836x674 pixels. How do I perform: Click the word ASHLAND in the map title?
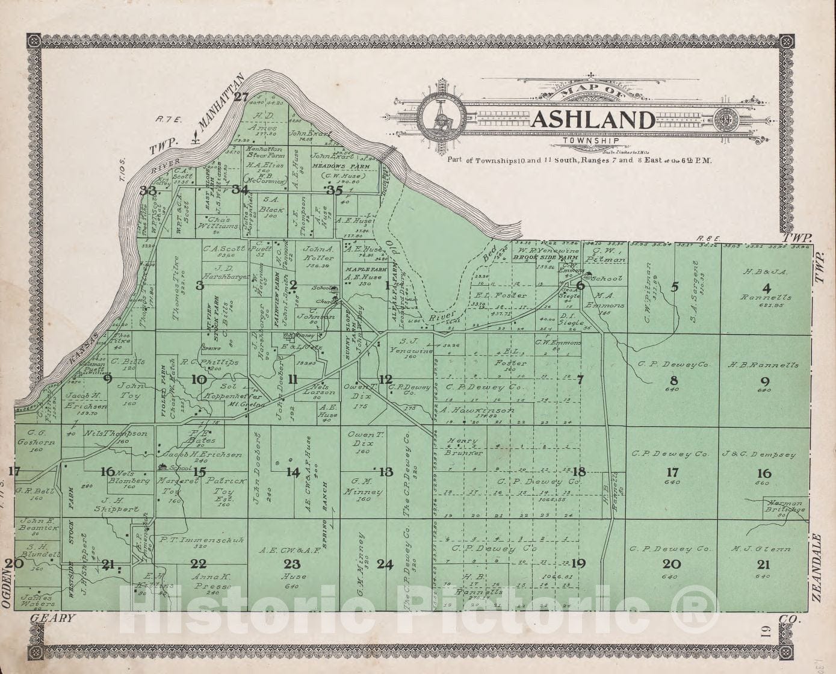(x=593, y=120)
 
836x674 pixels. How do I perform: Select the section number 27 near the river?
(x=241, y=97)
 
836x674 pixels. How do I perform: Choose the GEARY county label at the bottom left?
(x=52, y=618)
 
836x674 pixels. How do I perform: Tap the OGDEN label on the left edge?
(x=7, y=590)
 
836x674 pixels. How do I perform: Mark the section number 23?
(x=292, y=564)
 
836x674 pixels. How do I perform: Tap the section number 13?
(x=385, y=472)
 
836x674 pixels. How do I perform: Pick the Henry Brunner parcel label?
(x=463, y=446)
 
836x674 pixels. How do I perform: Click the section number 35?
(x=334, y=190)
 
